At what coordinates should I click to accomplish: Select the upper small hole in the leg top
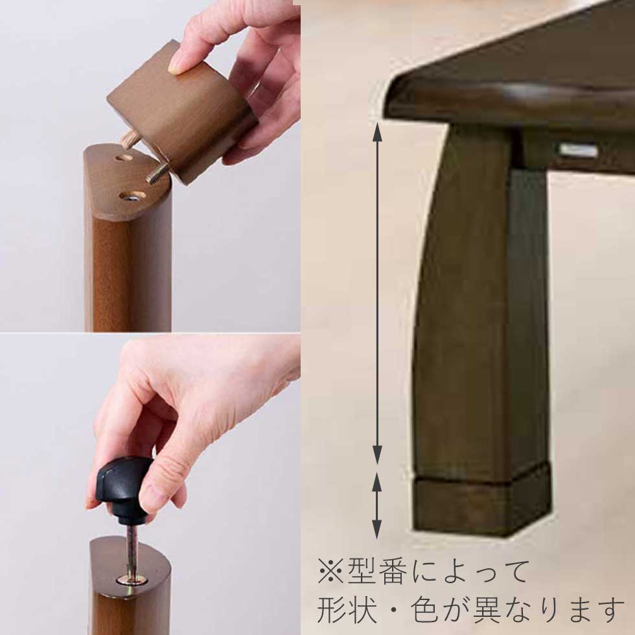(124, 157)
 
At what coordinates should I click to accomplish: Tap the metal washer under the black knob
(131, 581)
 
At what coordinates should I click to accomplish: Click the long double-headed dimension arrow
(377, 293)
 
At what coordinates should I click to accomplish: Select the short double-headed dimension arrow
(377, 505)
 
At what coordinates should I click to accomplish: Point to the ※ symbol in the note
(331, 571)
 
